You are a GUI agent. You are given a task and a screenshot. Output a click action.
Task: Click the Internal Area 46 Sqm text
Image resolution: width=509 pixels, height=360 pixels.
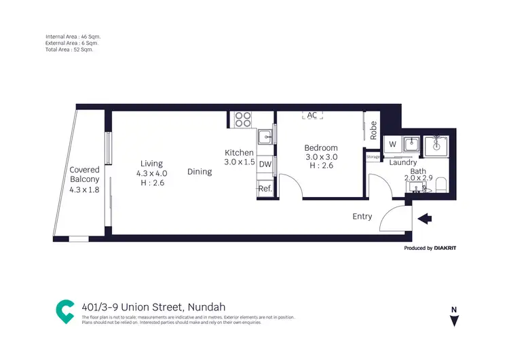click(74, 36)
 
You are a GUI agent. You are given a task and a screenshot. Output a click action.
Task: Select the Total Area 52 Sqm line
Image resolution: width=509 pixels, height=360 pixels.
click(69, 50)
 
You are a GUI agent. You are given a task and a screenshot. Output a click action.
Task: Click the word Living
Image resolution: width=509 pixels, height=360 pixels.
click(151, 163)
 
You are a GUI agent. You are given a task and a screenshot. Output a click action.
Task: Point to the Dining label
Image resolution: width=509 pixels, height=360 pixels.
click(200, 172)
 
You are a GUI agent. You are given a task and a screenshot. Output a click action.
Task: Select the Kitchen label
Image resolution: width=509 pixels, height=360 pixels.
click(239, 153)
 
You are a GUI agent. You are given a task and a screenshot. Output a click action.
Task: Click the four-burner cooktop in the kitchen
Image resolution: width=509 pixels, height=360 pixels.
click(243, 120)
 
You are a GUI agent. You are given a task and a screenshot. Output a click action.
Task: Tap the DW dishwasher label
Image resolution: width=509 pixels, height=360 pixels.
click(265, 164)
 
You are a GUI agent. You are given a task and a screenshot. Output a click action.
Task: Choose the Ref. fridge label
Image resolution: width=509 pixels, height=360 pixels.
click(265, 190)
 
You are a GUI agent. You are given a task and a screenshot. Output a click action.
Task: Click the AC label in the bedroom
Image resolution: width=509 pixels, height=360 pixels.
click(312, 115)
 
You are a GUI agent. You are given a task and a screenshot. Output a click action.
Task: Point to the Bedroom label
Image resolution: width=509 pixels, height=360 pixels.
click(321, 148)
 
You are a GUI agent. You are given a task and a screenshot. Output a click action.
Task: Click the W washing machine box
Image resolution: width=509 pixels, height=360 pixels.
click(391, 144)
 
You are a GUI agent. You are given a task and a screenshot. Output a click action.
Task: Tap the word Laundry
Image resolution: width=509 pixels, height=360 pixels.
click(403, 162)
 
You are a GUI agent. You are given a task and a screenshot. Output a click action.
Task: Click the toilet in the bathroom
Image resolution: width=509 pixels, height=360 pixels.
click(439, 183)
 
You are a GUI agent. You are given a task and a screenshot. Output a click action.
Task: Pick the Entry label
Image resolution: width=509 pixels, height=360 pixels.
click(362, 217)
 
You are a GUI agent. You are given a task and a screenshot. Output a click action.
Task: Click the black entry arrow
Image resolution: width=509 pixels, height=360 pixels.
click(425, 219)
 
